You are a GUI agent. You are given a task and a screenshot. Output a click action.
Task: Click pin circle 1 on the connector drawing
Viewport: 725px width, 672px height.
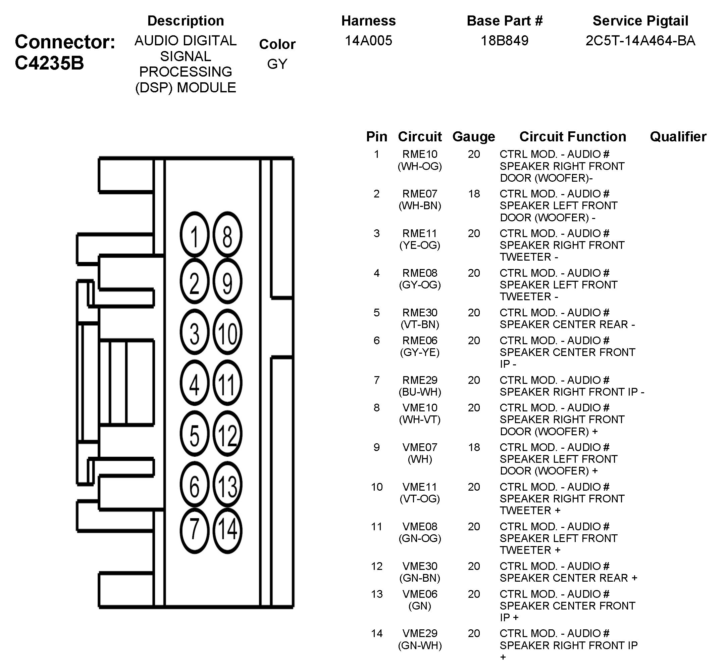[x=194, y=235]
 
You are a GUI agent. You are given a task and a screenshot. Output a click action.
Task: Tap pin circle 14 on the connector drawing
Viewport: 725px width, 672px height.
[x=227, y=530]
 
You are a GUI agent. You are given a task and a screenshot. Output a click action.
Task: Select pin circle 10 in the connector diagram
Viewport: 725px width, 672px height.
[x=227, y=332]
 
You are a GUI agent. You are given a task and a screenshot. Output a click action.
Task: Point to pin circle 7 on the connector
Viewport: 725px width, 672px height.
[x=194, y=530]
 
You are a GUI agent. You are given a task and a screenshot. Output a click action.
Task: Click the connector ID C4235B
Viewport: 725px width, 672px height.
[x=49, y=63]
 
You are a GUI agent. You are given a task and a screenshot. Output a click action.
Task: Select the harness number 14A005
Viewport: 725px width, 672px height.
[x=368, y=41]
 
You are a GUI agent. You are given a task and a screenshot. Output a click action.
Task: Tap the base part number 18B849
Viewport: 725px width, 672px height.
[x=504, y=41]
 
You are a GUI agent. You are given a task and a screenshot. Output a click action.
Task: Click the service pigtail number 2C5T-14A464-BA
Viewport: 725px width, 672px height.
[x=640, y=41]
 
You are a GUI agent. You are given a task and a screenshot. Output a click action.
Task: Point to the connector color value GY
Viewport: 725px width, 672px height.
[x=277, y=64]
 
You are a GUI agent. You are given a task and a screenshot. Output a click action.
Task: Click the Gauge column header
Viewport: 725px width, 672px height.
[x=474, y=137]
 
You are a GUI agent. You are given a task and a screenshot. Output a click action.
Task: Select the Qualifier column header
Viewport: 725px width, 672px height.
[x=678, y=137]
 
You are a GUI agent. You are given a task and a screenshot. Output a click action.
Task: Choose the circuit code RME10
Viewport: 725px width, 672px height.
[x=420, y=154]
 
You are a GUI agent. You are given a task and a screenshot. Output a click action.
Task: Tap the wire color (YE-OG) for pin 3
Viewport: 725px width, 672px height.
[x=420, y=245]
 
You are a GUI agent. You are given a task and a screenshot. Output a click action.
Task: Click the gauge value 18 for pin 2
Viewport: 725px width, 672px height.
[x=474, y=194]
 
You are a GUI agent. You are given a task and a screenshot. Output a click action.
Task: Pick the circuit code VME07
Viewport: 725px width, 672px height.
[x=420, y=447]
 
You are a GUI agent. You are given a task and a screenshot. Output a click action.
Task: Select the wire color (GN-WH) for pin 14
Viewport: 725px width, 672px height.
[x=420, y=645]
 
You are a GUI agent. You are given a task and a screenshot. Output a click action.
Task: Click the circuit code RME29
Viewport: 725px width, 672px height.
[x=420, y=380]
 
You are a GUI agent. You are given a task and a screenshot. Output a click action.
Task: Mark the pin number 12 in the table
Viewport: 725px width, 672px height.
[x=377, y=566]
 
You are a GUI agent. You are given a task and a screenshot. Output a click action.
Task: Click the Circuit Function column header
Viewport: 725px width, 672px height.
[x=572, y=137]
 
